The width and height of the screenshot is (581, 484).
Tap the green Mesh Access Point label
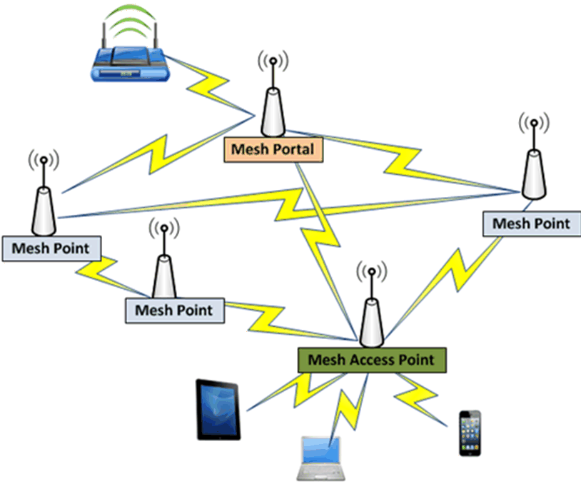coord(370,359)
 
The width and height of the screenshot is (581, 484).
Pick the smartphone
coord(469,433)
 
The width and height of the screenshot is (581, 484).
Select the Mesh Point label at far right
coord(532,223)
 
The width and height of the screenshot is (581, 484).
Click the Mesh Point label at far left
coord(50,248)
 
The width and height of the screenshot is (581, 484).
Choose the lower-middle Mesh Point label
coord(173,310)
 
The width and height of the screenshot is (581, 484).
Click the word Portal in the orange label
coord(293,149)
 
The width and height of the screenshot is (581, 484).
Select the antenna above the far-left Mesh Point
coord(45,207)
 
